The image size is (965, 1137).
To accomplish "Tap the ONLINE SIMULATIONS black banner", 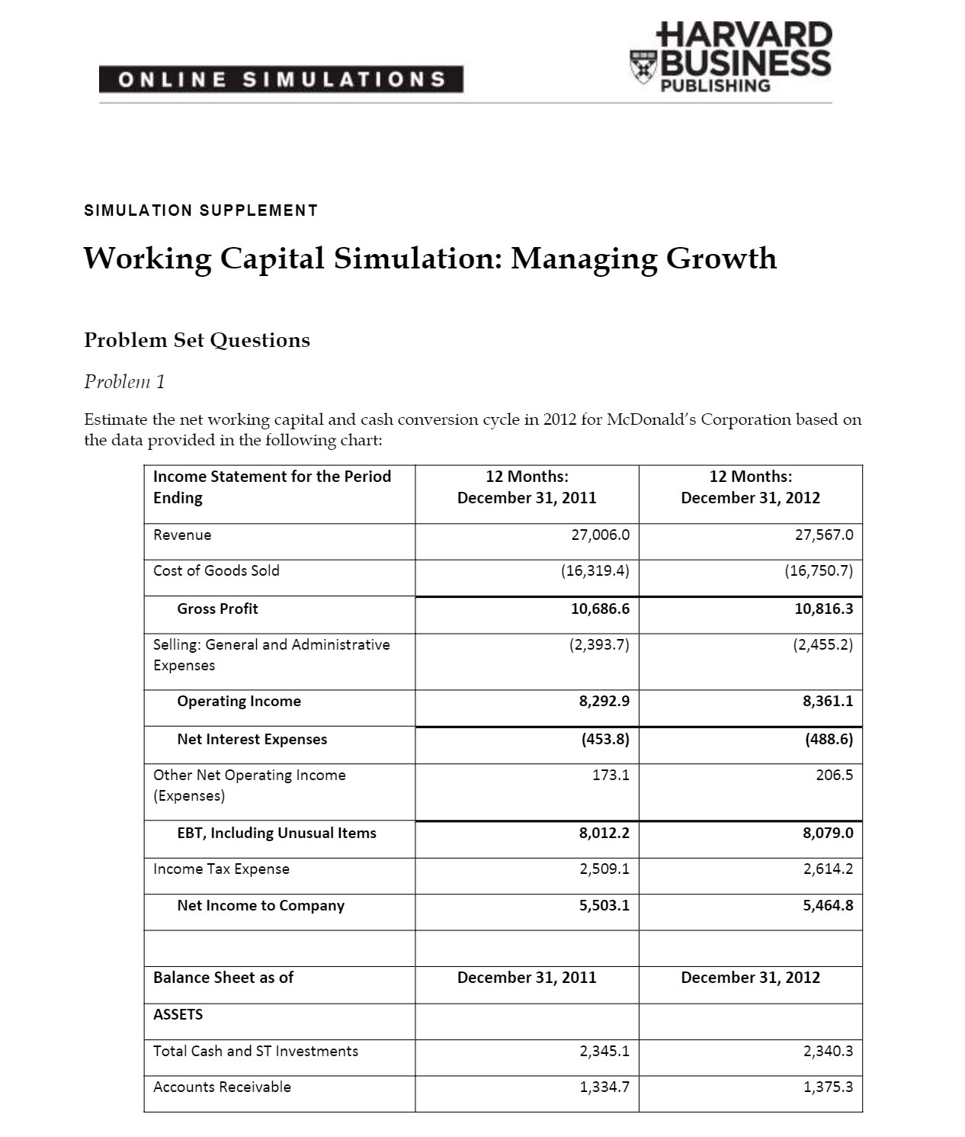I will click(x=281, y=79).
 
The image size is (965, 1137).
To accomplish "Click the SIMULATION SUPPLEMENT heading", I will click(x=201, y=210).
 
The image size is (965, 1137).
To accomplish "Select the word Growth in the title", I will click(x=721, y=259).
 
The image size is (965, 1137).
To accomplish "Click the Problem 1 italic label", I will click(x=124, y=381).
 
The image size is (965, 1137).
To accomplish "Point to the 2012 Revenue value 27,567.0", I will click(x=823, y=535).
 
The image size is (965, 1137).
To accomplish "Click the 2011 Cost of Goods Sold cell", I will click(x=595, y=570).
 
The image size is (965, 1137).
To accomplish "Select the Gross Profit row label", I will click(x=217, y=609).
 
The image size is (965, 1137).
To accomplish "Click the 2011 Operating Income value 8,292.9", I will click(x=604, y=701).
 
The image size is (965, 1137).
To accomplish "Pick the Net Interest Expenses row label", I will click(x=252, y=739).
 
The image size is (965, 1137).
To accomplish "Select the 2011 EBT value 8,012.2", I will click(x=604, y=833).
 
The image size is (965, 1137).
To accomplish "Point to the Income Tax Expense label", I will click(x=221, y=869).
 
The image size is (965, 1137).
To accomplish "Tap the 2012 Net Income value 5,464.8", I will click(x=827, y=905).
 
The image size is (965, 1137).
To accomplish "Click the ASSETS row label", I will click(x=178, y=1014).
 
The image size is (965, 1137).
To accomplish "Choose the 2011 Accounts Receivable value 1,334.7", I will click(x=604, y=1087).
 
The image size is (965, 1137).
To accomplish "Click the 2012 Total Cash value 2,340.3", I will click(x=828, y=1051).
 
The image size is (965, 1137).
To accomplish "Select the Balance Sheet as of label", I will click(x=223, y=978).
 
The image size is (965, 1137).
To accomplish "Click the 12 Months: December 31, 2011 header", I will click(x=527, y=487).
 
